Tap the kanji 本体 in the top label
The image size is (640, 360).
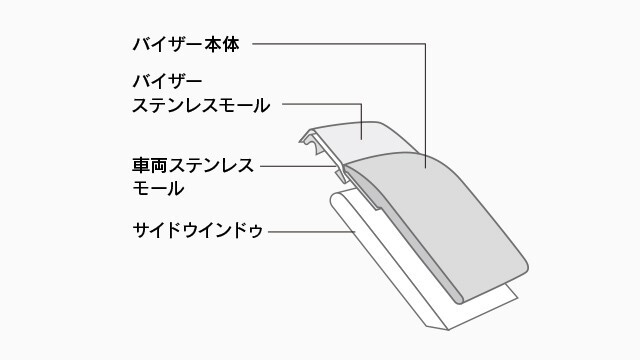(x=233, y=45)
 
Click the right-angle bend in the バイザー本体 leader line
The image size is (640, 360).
(x=426, y=45)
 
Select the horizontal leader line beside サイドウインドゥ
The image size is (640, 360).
(x=310, y=231)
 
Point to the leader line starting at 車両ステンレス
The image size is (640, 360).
(x=300, y=165)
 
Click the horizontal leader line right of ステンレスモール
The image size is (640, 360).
(x=320, y=102)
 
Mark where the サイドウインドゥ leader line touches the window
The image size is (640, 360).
(x=356, y=231)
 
